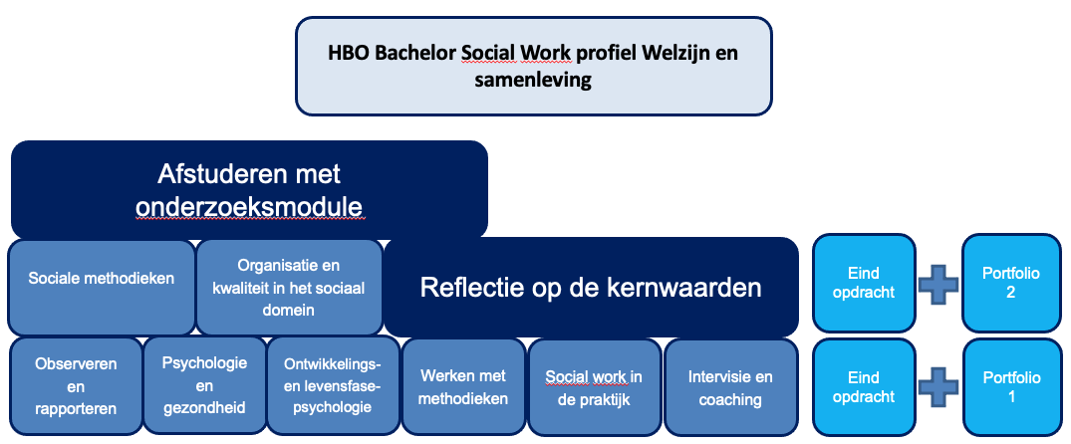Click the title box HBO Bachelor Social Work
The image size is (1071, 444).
tap(533, 66)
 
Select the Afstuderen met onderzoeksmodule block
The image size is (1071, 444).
tap(249, 189)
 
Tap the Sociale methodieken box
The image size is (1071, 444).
tap(101, 279)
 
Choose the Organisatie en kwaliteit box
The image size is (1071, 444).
tap(289, 287)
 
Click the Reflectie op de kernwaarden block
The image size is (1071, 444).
tap(591, 288)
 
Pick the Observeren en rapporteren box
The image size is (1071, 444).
tap(76, 386)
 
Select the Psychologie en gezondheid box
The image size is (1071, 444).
tap(204, 385)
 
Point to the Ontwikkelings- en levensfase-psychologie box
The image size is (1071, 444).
tap(333, 385)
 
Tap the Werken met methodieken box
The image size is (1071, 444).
tap(464, 387)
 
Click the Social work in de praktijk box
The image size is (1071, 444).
tap(594, 387)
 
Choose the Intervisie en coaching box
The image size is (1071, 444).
tap(730, 387)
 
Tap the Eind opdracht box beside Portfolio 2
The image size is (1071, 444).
tap(863, 283)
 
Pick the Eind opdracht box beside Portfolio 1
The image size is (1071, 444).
tap(863, 387)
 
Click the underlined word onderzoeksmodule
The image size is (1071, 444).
tap(249, 204)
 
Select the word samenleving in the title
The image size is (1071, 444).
tap(533, 80)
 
